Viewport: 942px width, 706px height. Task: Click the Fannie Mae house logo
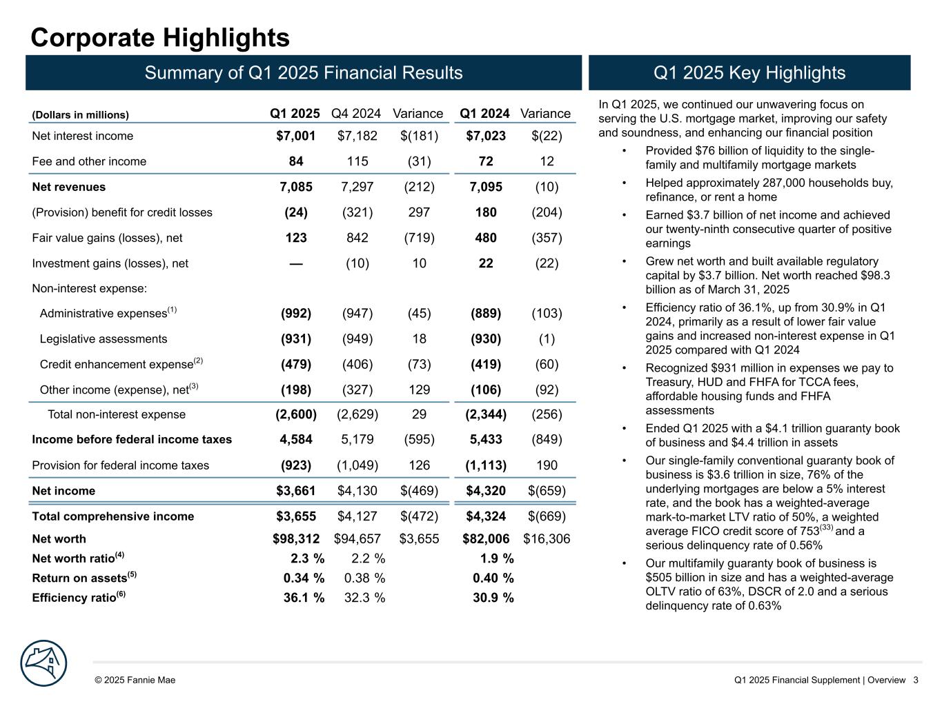[43, 663]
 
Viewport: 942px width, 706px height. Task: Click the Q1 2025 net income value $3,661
[296, 491]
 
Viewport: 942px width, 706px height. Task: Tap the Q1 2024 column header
[484, 114]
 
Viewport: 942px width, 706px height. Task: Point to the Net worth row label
[59, 538]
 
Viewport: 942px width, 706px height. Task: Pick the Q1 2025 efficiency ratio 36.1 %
[304, 597]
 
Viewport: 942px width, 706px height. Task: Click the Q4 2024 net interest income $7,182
[357, 136]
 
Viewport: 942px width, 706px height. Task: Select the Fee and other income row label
[89, 161]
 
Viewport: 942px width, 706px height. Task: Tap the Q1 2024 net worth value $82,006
[486, 538]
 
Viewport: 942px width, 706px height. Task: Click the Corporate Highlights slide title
[160, 38]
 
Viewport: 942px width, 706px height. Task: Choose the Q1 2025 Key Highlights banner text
[749, 73]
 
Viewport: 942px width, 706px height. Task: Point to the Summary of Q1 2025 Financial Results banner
[304, 73]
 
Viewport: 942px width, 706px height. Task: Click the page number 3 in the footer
[915, 680]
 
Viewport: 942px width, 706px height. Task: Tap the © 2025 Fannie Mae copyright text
[135, 680]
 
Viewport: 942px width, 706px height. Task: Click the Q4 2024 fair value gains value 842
[357, 238]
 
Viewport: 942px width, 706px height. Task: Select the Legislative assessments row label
[104, 339]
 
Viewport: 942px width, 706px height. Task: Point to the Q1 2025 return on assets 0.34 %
[304, 578]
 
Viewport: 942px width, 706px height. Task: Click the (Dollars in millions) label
[81, 115]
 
